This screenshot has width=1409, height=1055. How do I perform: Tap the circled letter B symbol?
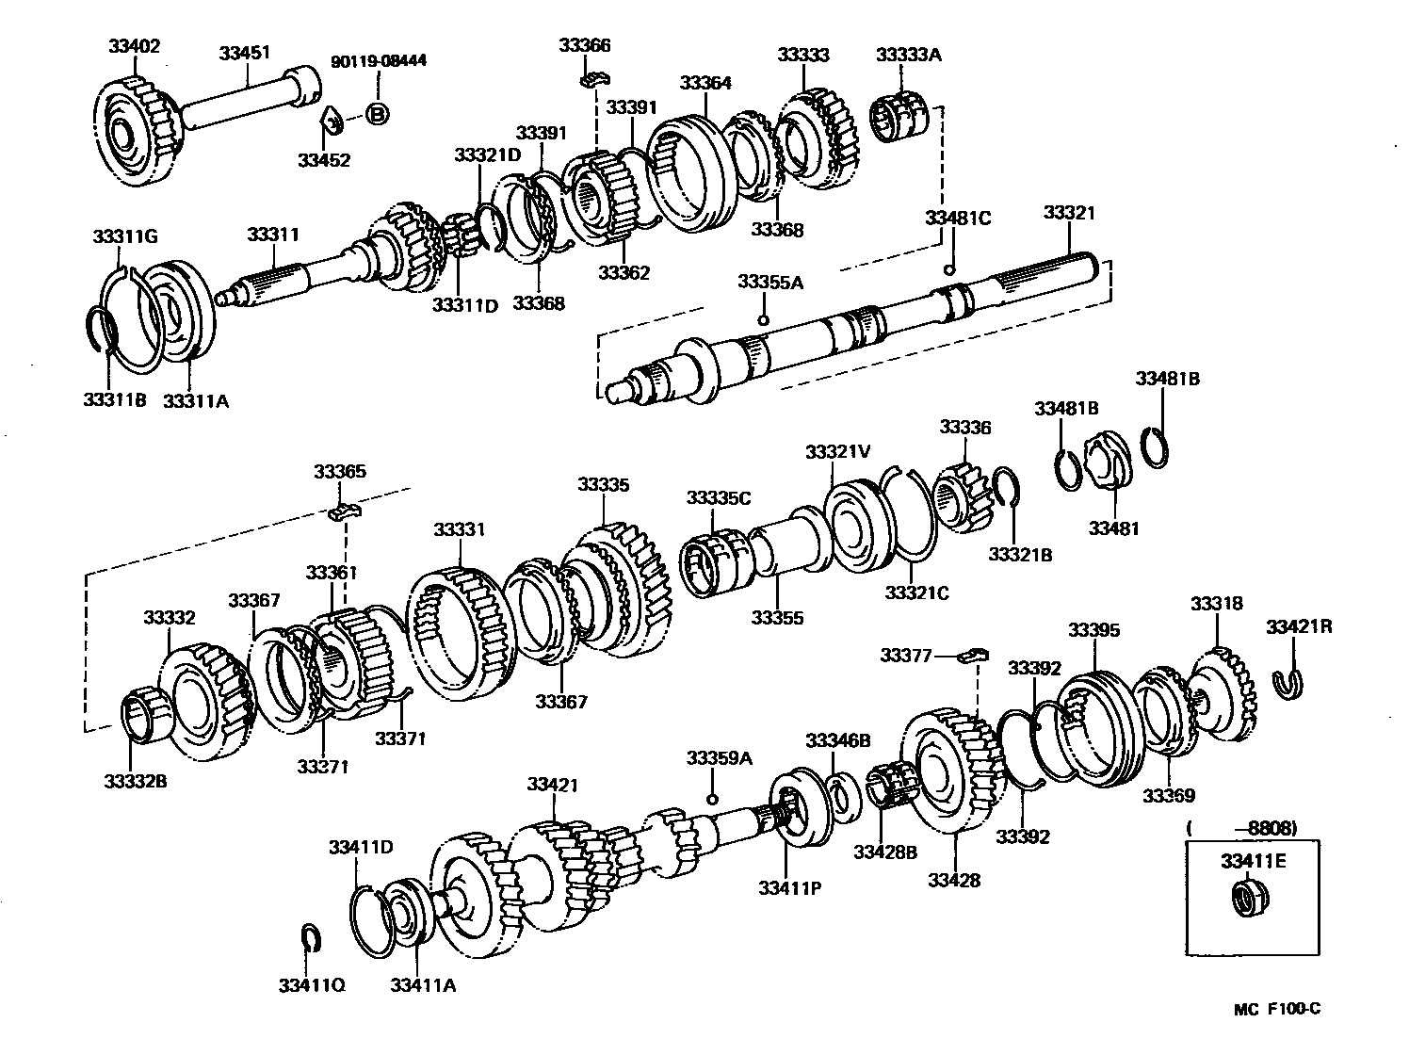(x=376, y=115)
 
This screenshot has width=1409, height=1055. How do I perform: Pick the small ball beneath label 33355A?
(x=763, y=319)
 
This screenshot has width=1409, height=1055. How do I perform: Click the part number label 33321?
(x=1069, y=213)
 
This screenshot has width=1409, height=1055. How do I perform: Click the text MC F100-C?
(x=1277, y=1009)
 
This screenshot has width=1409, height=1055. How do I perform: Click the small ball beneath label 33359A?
(x=713, y=799)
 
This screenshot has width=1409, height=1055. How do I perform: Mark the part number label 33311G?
(x=124, y=235)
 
